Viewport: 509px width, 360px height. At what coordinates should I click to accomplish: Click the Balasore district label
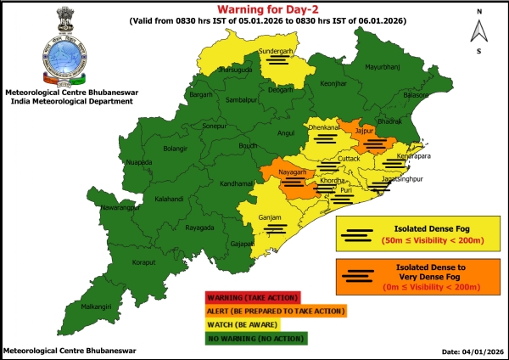point(417,96)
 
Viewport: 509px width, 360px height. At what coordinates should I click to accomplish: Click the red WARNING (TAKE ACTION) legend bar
point(252,298)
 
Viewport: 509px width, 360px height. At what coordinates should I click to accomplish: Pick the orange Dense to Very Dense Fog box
point(408,277)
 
